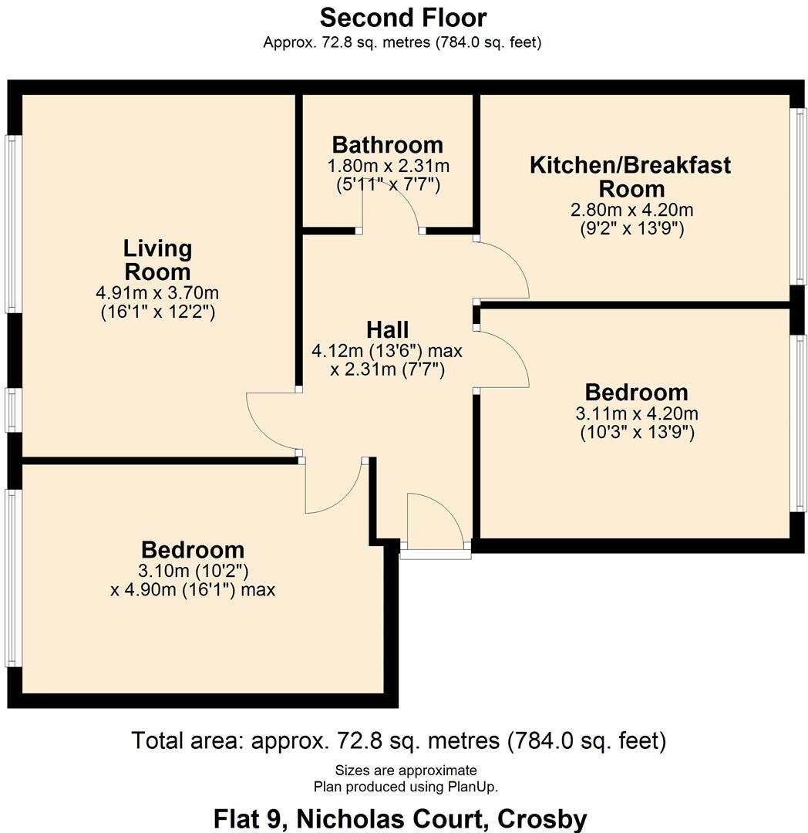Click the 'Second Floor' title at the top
click(x=403, y=17)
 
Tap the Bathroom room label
click(x=388, y=144)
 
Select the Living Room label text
click(x=157, y=260)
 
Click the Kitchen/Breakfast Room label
click(x=630, y=177)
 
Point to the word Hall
click(x=387, y=330)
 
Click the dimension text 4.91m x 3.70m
click(x=157, y=293)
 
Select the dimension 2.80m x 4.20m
click(x=631, y=210)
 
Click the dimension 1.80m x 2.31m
click(x=388, y=166)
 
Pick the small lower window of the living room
click(x=13, y=410)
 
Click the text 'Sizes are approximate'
click(x=406, y=770)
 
